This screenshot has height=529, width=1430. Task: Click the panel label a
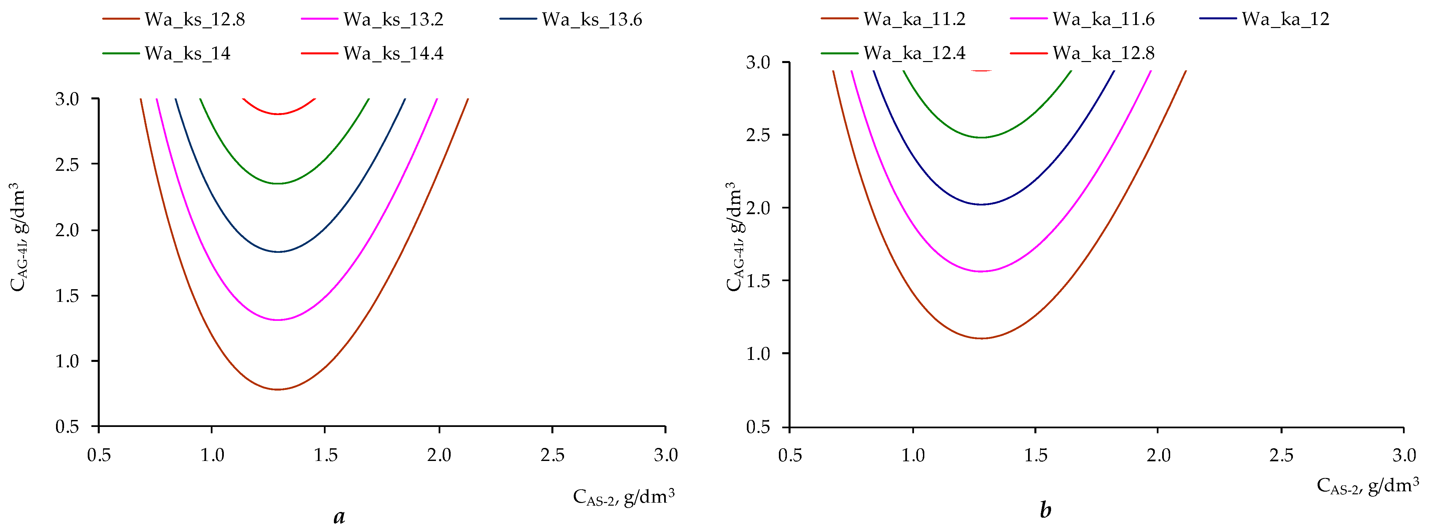point(339,516)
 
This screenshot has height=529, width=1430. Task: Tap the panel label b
point(1045,510)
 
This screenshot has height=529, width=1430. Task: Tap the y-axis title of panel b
point(734,236)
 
